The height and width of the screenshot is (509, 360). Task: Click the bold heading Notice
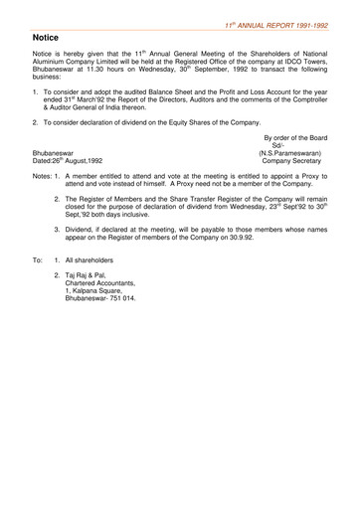[x=41, y=37]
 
